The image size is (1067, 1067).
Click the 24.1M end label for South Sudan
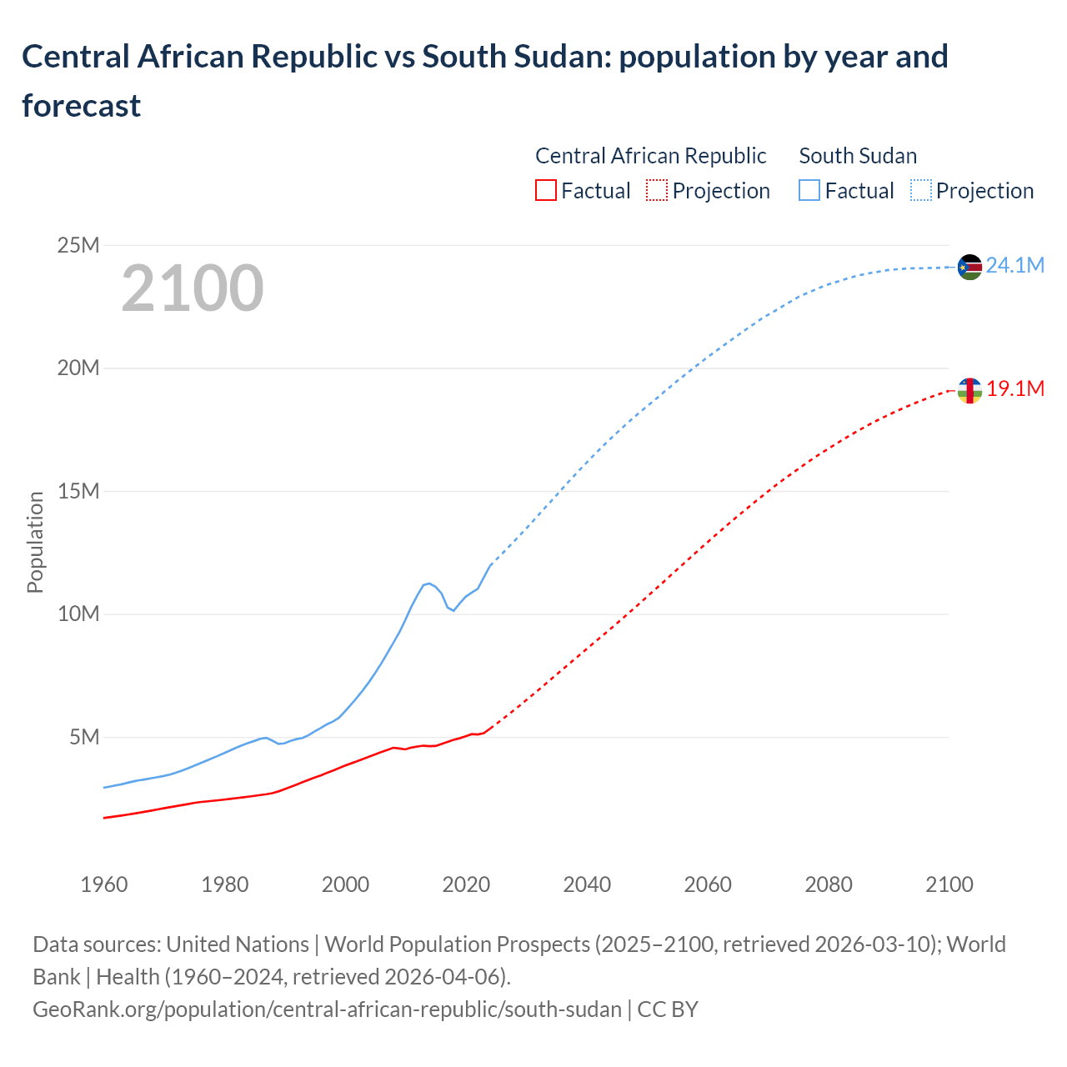click(x=1014, y=266)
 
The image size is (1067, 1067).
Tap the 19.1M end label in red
click(x=1015, y=389)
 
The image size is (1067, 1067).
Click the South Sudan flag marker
click(x=969, y=267)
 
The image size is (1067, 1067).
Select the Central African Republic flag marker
click(x=969, y=390)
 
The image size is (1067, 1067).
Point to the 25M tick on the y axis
click(x=78, y=245)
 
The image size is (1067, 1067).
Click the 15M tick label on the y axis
click(x=78, y=491)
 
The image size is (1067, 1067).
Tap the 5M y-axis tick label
click(x=84, y=737)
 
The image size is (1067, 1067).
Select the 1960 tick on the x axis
click(x=104, y=884)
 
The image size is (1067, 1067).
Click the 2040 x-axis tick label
click(x=587, y=884)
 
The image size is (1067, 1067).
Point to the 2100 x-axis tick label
click(x=949, y=884)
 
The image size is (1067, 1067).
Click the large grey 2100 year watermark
click(x=193, y=288)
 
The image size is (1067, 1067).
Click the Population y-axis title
click(x=35, y=542)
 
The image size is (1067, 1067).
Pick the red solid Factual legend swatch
click(x=545, y=191)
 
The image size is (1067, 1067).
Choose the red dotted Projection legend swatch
click(x=656, y=191)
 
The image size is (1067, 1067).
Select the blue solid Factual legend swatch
click(x=809, y=191)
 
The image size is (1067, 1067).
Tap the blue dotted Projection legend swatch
click(x=920, y=191)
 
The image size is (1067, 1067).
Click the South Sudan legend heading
click(x=857, y=156)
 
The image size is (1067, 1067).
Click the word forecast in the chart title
click(x=82, y=106)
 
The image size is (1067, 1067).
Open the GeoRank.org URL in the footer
click(x=327, y=1009)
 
